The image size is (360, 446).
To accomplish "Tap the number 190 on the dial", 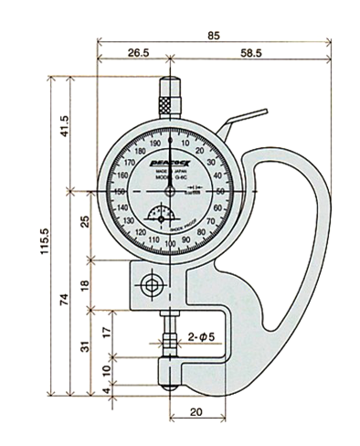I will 154,144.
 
